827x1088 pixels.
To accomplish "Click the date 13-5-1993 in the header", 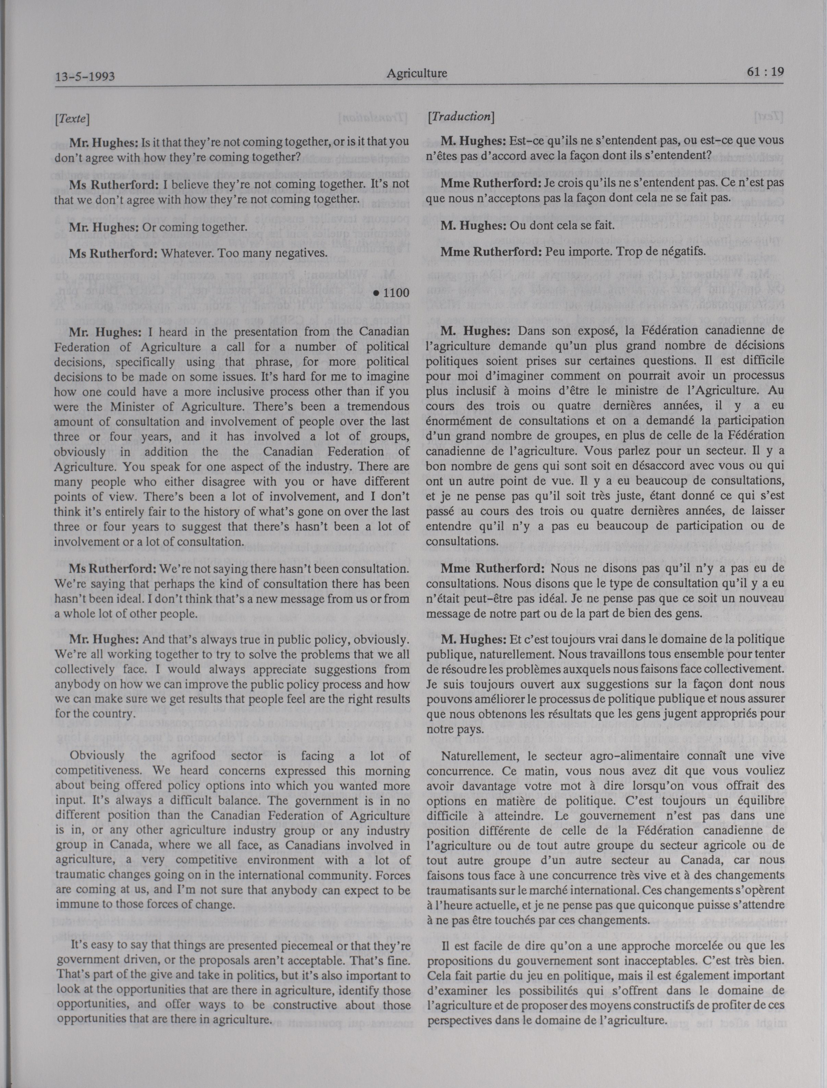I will (85, 77).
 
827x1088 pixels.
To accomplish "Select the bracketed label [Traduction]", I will (461, 116).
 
